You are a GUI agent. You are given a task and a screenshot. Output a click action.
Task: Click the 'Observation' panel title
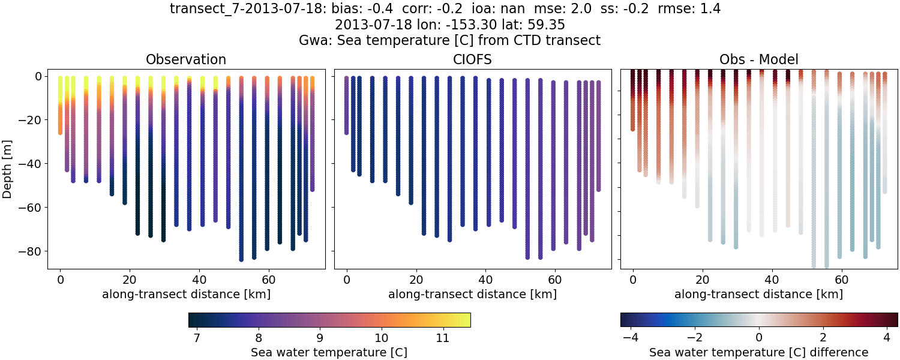(186, 60)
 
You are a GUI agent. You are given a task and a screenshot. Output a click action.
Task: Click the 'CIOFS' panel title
(472, 60)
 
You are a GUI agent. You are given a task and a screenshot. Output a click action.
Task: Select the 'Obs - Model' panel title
(758, 60)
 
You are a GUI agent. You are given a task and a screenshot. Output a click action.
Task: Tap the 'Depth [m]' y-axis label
(8, 163)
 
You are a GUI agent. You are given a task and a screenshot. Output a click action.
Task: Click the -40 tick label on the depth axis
(28, 164)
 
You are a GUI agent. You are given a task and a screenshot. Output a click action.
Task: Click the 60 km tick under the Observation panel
(268, 280)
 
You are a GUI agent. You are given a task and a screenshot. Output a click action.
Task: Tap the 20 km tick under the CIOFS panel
(416, 280)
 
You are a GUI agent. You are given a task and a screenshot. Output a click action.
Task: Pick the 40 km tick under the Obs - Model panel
(772, 280)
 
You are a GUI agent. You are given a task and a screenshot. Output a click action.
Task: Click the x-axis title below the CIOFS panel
(472, 295)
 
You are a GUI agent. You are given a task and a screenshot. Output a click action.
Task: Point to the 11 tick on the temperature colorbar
(442, 338)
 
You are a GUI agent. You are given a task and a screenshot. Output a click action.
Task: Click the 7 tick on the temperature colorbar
(197, 338)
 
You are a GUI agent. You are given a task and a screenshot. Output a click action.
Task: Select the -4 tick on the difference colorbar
(629, 338)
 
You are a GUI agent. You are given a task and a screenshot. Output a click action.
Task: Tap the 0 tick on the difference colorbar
(759, 338)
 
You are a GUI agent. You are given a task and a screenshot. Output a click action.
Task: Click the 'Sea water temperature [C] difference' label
(758, 352)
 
